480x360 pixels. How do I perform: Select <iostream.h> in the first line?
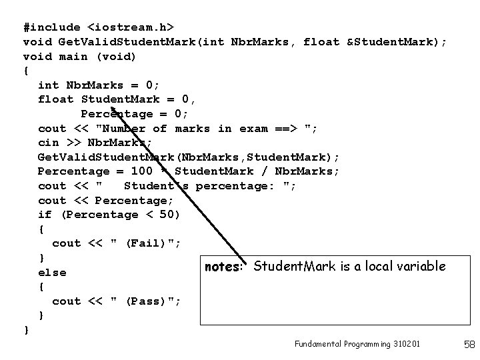131,27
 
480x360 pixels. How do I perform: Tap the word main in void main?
73,57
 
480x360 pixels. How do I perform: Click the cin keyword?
48,143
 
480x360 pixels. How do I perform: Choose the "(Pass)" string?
147,301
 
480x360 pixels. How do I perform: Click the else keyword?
52,273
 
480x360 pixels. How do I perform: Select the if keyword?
45,215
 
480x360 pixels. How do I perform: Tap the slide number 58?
468,345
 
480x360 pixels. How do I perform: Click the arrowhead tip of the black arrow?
112,107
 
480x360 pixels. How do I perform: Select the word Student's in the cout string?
155,186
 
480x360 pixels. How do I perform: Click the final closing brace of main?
26,330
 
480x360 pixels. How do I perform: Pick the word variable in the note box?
421,267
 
